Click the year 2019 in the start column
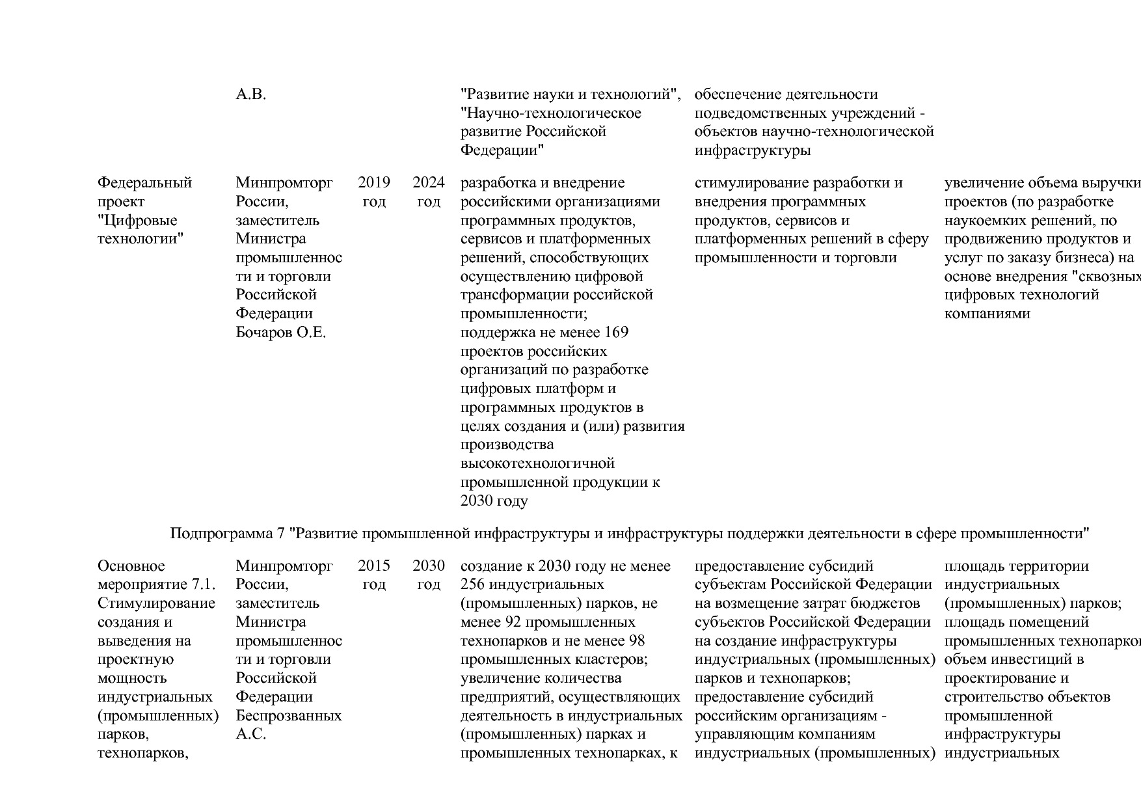[373, 183]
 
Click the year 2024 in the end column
[428, 183]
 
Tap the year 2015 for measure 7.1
[373, 566]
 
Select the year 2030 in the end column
[428, 566]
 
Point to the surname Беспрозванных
[288, 716]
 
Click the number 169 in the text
[616, 333]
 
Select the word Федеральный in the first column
[144, 183]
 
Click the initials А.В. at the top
[250, 94]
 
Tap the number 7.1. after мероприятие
[204, 584]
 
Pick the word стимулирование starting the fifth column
[751, 183]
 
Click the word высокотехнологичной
[537, 463]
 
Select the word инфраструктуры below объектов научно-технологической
[752, 150]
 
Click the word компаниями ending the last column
[987, 314]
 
